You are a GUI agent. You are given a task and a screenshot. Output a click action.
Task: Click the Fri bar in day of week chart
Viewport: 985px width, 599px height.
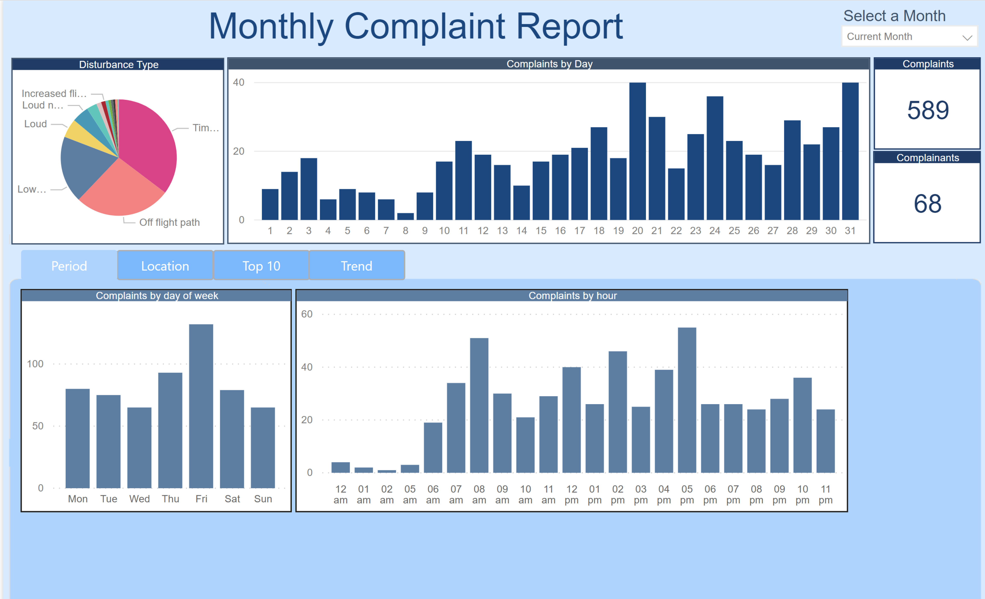click(x=201, y=406)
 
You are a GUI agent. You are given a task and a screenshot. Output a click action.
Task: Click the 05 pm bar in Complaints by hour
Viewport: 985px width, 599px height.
click(x=687, y=400)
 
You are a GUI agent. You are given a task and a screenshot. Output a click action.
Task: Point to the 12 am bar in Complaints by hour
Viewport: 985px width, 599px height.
click(x=341, y=467)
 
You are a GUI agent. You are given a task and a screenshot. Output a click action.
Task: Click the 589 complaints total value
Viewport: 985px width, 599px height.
click(x=927, y=110)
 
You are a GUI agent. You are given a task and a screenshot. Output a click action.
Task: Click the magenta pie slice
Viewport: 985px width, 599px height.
click(x=148, y=140)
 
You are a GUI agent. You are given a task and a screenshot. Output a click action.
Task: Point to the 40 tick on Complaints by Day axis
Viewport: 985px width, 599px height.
click(x=239, y=82)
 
